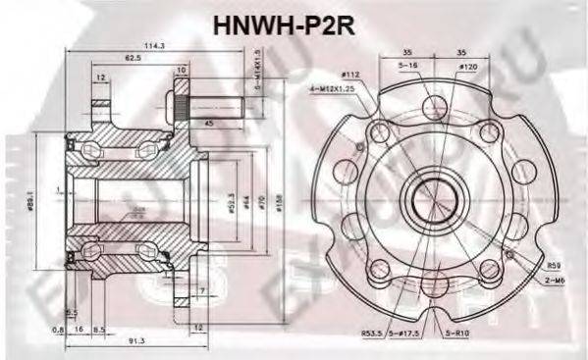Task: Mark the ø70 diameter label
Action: (263, 205)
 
